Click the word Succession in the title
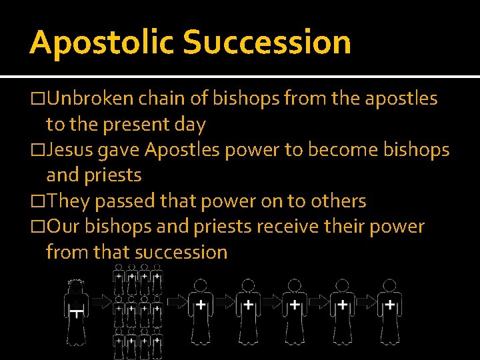pyautogui.click(x=267, y=42)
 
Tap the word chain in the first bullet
pyautogui.click(x=171, y=99)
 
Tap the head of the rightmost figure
pyautogui.click(x=389, y=285)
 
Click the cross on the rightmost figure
pyautogui.click(x=389, y=305)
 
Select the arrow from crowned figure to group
pyautogui.click(x=101, y=302)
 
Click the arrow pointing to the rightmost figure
pyautogui.click(x=365, y=302)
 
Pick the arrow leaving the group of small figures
pyautogui.click(x=176, y=302)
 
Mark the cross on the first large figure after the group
pyautogui.click(x=201, y=305)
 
